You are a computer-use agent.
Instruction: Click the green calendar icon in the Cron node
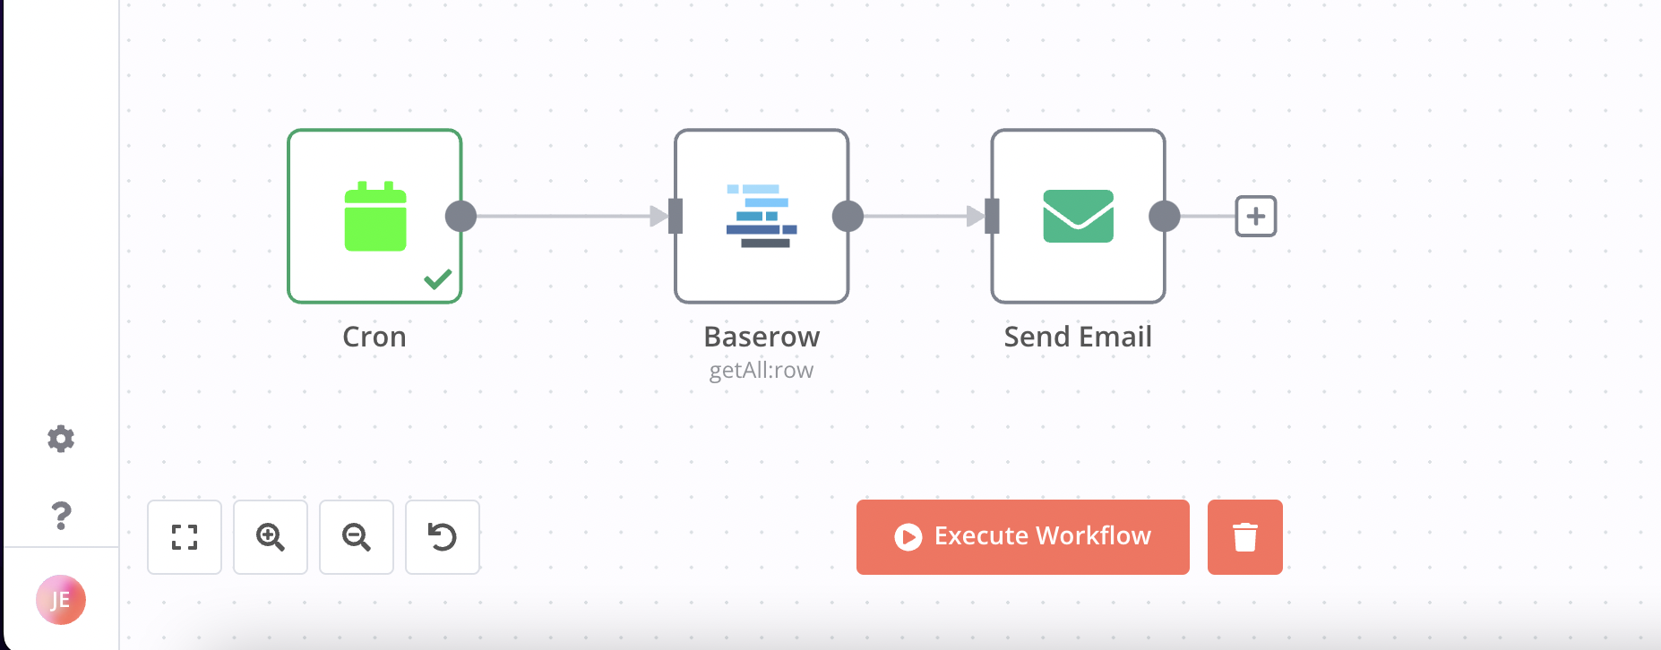coord(375,217)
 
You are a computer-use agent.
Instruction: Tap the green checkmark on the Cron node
coord(438,279)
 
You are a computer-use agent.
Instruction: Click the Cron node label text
coord(374,337)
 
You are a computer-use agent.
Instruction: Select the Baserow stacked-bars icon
coord(762,216)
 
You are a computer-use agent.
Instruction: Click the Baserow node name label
coord(762,337)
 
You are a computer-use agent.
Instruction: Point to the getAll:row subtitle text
coord(762,371)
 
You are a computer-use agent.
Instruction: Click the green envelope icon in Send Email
coord(1078,216)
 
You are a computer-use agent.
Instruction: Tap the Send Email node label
coord(1078,337)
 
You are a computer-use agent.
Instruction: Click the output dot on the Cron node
coord(460,216)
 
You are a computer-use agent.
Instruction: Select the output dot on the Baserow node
coord(848,216)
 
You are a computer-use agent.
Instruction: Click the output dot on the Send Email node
coord(1164,216)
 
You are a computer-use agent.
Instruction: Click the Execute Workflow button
coord(1022,536)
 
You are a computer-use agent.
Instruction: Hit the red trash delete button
coord(1244,536)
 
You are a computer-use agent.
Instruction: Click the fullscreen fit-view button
coord(185,536)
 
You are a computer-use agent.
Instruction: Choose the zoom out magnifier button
coord(357,536)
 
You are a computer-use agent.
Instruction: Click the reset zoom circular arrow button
coord(443,536)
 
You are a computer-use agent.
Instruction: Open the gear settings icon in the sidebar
coord(61,439)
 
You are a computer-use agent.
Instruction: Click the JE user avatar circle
coord(61,600)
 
